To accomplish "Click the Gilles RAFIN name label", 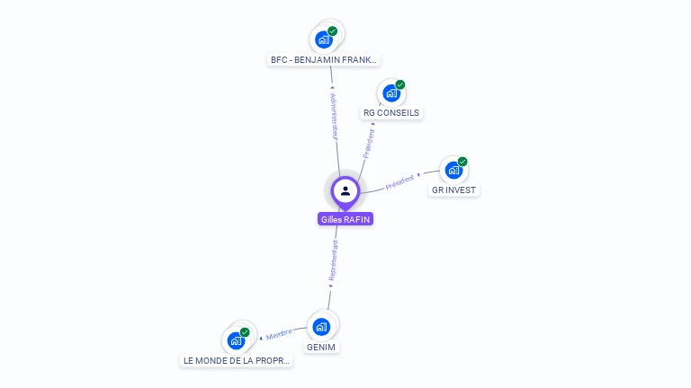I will click(x=345, y=219).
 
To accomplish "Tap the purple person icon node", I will click(x=345, y=190).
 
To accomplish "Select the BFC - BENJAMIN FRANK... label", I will click(x=325, y=60).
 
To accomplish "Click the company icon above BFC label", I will click(x=324, y=40).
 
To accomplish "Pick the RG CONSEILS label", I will click(x=391, y=113).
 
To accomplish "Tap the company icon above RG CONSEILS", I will click(x=391, y=93).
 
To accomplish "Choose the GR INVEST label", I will click(x=453, y=190).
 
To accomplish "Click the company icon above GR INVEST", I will click(x=453, y=170).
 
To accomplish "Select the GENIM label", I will click(x=321, y=347).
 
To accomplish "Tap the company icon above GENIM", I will click(x=321, y=326).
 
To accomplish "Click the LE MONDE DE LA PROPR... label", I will click(x=238, y=360).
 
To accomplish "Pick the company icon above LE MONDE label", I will click(x=236, y=340).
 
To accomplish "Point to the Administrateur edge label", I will click(x=334, y=114).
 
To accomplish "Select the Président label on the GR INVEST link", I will click(x=401, y=181).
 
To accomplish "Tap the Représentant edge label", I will click(x=333, y=261).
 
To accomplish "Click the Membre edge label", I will click(x=278, y=335).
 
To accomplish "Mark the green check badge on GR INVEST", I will click(x=462, y=162).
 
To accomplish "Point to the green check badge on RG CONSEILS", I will click(x=400, y=84).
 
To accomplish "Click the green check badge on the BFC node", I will click(x=333, y=31).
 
